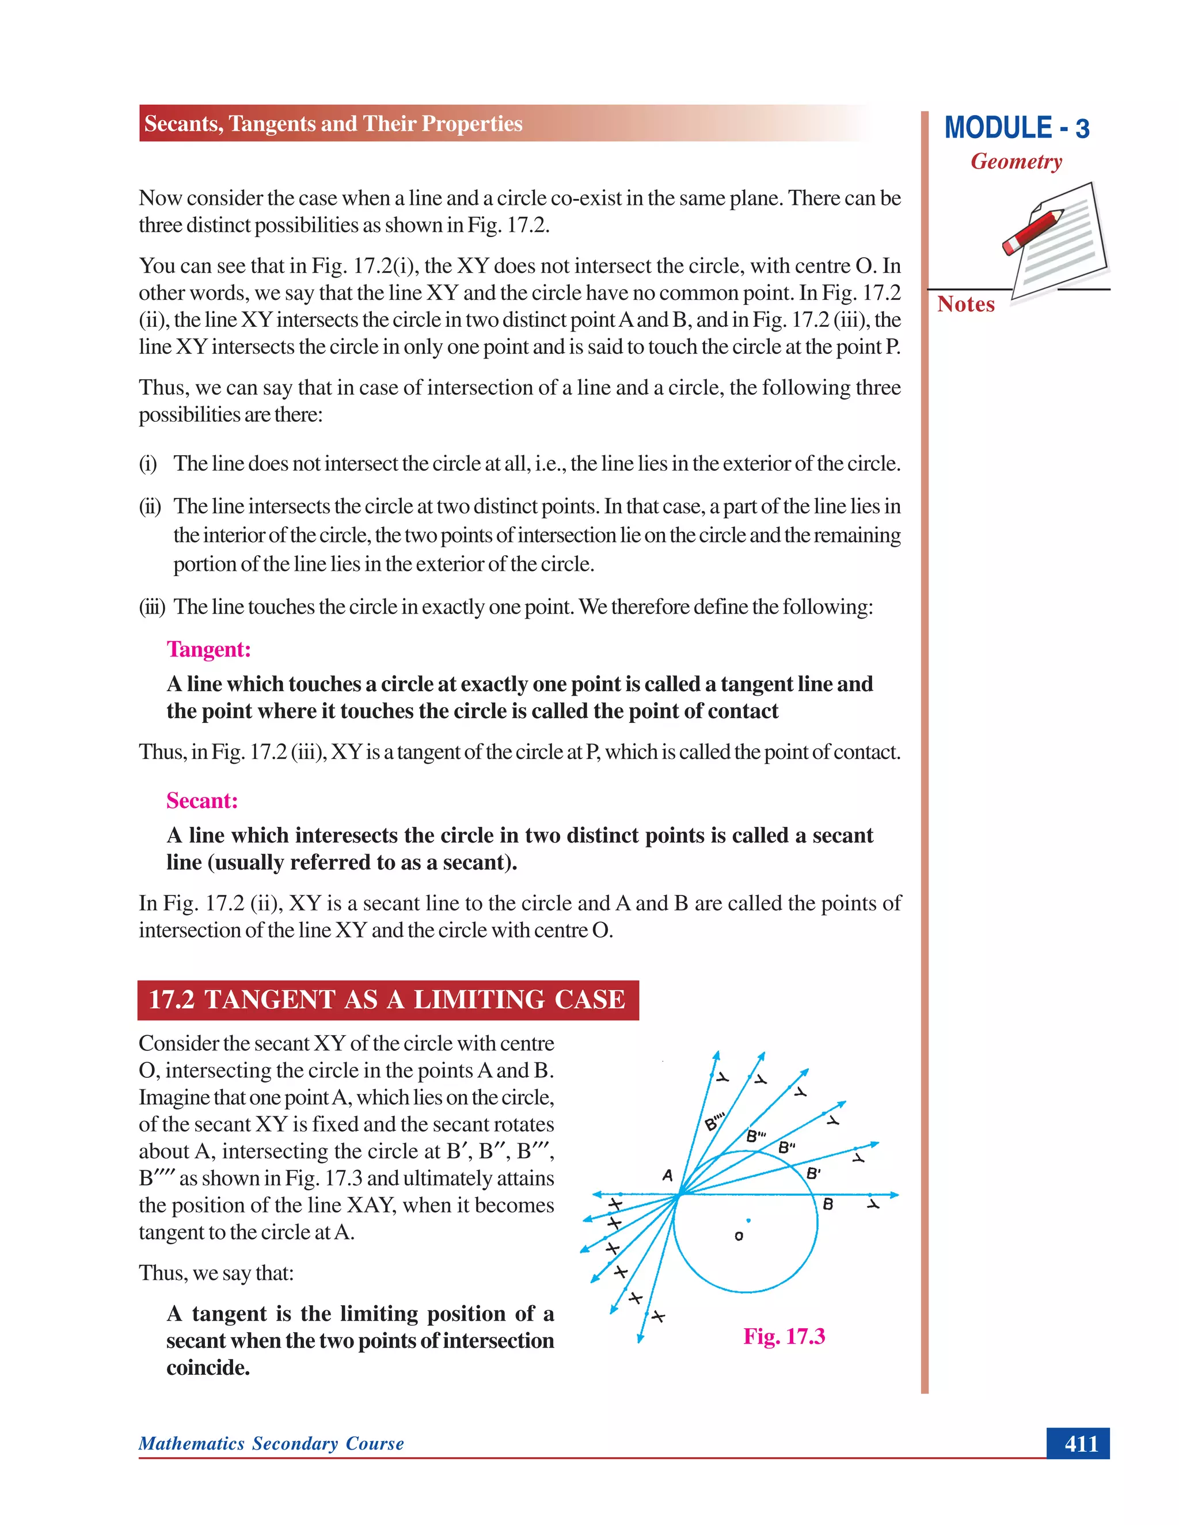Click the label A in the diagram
667,1175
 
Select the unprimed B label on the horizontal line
828,1204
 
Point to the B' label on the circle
813,1174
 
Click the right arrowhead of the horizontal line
894,1195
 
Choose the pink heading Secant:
202,800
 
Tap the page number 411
1081,1443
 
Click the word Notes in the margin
965,304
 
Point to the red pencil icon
1032,232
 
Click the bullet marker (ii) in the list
150,506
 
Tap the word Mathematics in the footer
191,1443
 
